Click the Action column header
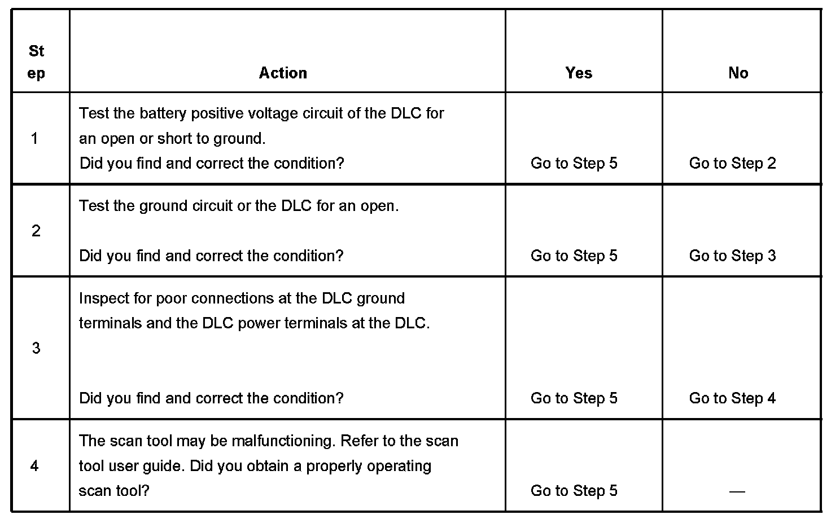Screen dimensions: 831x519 click(283, 73)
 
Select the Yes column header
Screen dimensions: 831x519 click(579, 73)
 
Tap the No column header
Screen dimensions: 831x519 click(738, 73)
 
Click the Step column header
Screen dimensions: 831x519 click(36, 62)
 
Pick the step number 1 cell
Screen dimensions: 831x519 click(35, 138)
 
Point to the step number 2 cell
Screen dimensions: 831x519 click(36, 231)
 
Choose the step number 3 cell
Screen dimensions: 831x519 click(36, 348)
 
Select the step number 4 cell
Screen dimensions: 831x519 click(35, 466)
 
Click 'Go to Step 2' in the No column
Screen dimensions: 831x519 click(732, 164)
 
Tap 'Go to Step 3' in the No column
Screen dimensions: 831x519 click(732, 256)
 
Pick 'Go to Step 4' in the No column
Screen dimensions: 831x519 click(732, 398)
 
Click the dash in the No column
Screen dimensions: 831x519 click(737, 491)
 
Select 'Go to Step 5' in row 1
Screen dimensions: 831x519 click(574, 164)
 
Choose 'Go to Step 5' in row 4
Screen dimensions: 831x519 click(574, 491)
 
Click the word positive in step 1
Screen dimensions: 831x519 click(218, 114)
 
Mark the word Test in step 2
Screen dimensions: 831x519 click(94, 206)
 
